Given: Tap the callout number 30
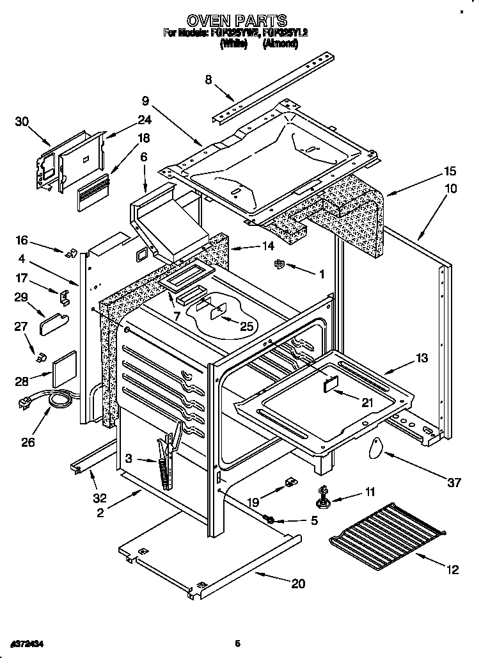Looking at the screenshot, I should [22, 122].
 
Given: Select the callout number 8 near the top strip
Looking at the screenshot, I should [209, 80].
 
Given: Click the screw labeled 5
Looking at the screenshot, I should [269, 520].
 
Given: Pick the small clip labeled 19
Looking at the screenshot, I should [289, 481].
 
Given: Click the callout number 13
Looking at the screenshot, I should [422, 358].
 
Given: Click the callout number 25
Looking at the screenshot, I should [246, 326].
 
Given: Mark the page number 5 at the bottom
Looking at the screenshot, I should [237, 643].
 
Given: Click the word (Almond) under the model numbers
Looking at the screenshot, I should [280, 44].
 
